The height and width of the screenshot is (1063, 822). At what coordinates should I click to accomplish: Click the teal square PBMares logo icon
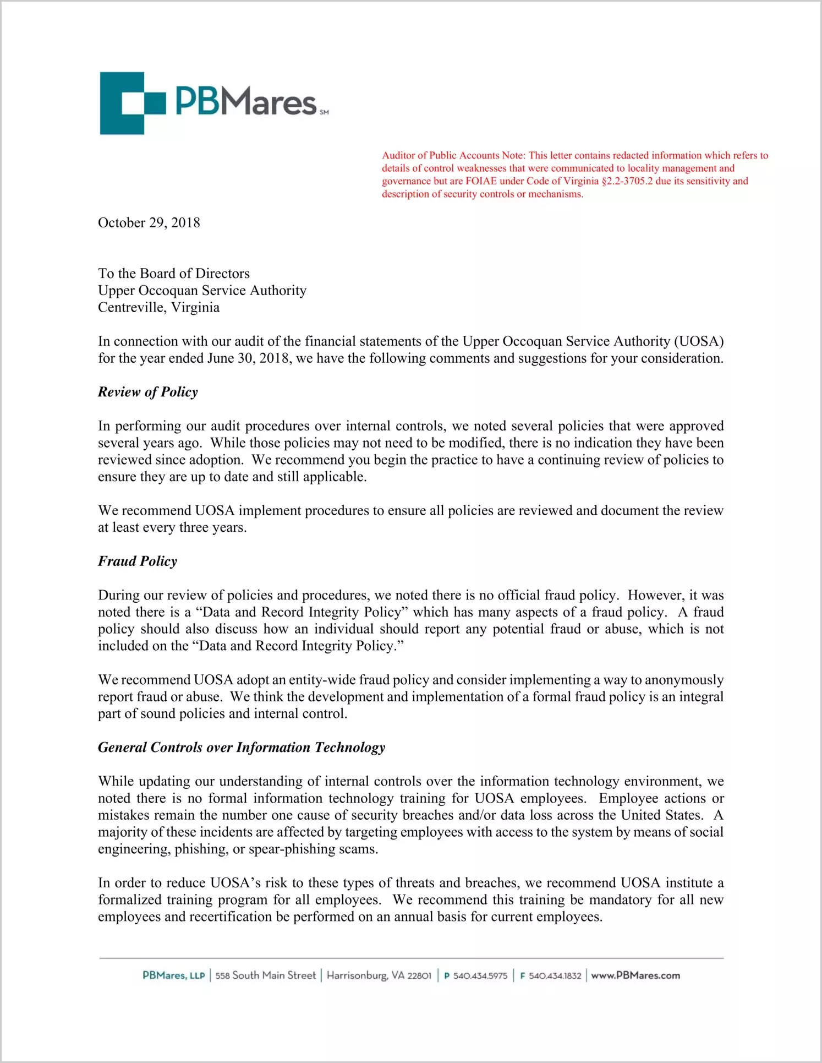(x=132, y=103)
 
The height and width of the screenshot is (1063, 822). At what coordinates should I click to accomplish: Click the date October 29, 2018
(x=149, y=223)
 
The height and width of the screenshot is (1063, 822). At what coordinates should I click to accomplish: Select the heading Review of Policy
(x=147, y=392)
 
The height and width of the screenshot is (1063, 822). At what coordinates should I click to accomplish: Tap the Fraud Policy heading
(x=138, y=562)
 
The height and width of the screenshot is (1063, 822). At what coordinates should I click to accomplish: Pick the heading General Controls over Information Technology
(x=242, y=748)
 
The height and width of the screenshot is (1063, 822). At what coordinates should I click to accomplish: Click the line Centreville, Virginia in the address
(x=158, y=308)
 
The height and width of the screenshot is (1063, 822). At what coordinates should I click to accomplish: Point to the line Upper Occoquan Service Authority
(x=202, y=291)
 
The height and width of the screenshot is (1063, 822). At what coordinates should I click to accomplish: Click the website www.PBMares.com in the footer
(x=635, y=975)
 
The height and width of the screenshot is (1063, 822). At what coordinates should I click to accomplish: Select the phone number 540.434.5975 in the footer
(x=480, y=976)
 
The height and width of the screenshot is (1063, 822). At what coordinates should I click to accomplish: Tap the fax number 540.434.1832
(x=555, y=976)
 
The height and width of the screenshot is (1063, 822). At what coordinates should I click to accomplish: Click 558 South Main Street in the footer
(x=266, y=975)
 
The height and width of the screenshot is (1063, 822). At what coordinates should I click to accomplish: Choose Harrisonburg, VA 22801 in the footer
(x=379, y=975)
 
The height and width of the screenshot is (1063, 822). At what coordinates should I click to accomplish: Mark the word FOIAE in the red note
(x=481, y=181)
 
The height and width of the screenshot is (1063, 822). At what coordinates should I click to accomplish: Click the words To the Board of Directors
(x=174, y=274)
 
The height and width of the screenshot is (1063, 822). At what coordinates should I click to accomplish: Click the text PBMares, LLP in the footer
(x=173, y=975)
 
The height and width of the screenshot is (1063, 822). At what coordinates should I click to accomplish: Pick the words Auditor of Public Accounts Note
(x=453, y=156)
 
